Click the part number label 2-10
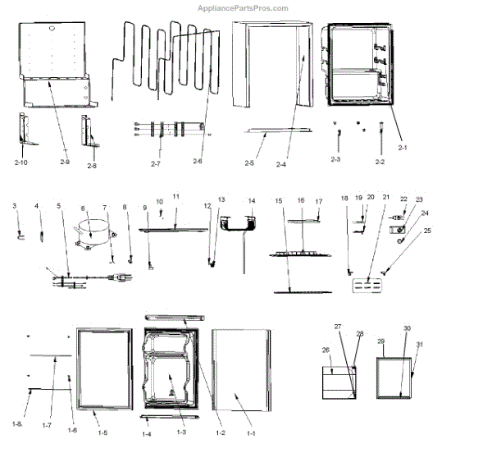point(21,163)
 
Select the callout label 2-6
point(197,162)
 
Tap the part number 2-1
point(402,147)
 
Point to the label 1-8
point(17,424)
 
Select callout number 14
point(252,200)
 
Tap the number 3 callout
point(14,206)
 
